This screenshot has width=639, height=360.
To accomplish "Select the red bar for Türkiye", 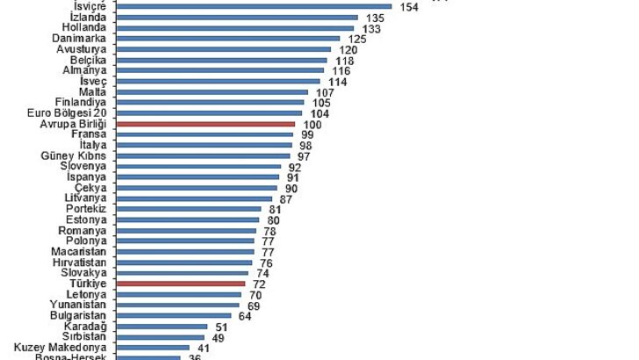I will [180, 284].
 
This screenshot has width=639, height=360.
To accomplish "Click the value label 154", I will [408, 7].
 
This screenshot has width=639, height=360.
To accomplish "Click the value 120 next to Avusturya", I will [348, 50].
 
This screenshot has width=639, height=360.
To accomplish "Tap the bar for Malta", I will [212, 92].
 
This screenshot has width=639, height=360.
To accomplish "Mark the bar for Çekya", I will [196, 188].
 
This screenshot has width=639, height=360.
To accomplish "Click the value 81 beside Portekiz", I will [276, 209].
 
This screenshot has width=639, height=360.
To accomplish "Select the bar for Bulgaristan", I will [173, 315].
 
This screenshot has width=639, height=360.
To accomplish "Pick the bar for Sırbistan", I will [160, 336].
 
